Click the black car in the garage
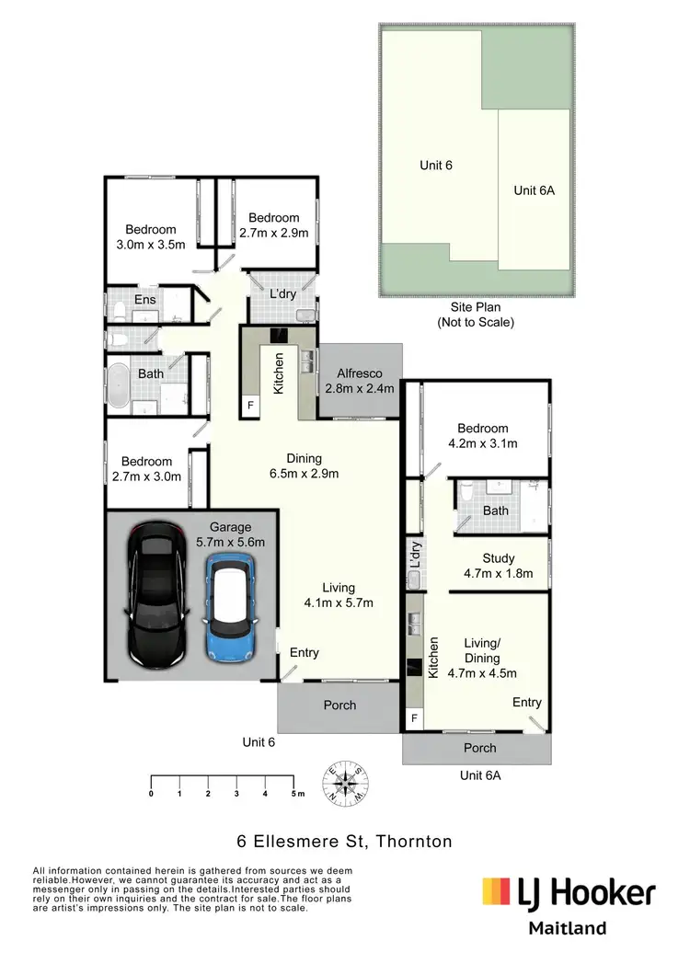[x=155, y=596]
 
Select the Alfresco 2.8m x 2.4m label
[x=359, y=381]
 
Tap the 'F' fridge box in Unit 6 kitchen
[x=249, y=404]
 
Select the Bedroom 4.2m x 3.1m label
[x=482, y=435]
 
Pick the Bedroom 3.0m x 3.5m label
[x=151, y=236]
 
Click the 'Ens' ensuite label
[x=145, y=299]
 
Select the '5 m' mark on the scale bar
[x=294, y=792]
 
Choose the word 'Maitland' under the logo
[x=567, y=928]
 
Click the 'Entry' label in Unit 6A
[x=527, y=702]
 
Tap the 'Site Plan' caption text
[x=475, y=307]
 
